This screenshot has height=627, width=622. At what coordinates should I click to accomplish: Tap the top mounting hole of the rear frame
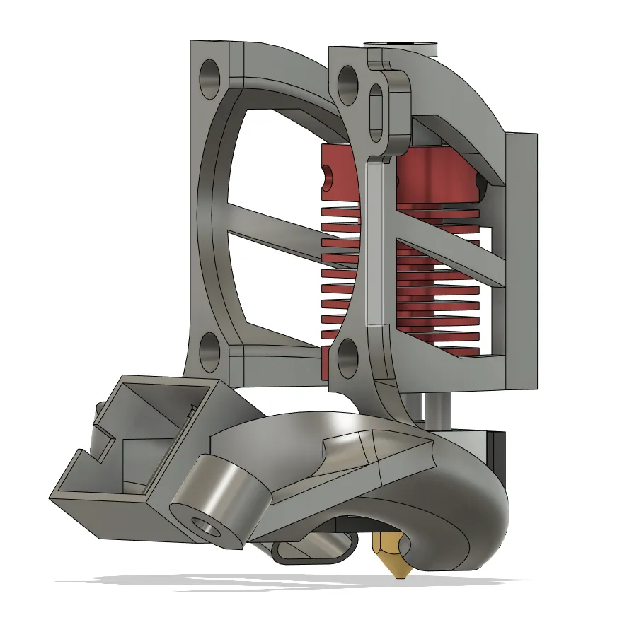(x=211, y=78)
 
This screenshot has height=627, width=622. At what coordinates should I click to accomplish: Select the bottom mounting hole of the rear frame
(x=210, y=351)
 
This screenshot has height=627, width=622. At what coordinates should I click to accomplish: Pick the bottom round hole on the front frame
(x=347, y=357)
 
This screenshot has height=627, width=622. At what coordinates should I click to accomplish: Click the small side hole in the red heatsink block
(x=328, y=177)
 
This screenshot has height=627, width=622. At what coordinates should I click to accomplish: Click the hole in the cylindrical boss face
(x=207, y=526)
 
